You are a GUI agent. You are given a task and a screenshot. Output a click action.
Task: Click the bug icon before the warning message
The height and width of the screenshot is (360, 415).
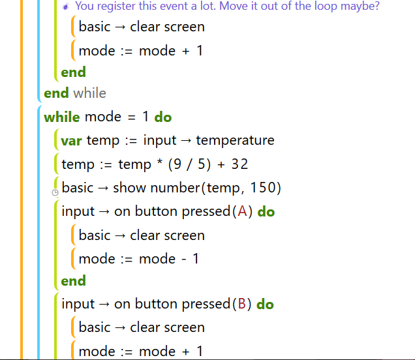pos(66,7)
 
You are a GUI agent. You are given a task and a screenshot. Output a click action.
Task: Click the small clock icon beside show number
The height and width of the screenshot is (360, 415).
pos(55,192)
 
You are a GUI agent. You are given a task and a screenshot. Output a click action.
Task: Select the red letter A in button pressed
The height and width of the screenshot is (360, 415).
pos(242,211)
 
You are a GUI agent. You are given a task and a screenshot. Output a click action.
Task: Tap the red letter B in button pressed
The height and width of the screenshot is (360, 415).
pos(242,303)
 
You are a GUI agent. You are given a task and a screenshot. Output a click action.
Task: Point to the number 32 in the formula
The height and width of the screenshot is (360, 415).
pos(239,164)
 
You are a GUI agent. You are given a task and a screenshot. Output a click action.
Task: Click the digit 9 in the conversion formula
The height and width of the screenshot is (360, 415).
pos(177,164)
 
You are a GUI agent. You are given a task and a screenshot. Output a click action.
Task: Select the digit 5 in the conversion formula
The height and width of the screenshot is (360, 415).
pos(202,164)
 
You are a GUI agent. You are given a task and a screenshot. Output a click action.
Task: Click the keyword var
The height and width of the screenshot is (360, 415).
pos(71,141)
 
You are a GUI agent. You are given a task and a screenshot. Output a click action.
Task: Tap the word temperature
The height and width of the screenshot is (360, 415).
pos(235,140)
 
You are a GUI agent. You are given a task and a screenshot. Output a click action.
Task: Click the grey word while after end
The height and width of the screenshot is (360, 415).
pos(90,93)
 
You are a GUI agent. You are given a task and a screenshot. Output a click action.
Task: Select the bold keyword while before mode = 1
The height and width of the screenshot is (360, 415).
pos(62,117)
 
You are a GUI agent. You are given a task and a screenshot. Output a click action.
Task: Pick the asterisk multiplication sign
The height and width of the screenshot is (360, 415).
pos(160,162)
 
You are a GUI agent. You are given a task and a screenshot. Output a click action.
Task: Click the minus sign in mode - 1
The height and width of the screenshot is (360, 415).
pos(183,259)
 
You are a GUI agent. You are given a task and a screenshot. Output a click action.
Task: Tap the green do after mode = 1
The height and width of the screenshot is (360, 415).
pos(163,117)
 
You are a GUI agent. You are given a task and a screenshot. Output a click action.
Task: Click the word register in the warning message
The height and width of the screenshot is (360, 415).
pos(117,7)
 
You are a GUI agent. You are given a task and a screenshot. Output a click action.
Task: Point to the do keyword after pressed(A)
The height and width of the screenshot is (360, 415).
pos(266,211)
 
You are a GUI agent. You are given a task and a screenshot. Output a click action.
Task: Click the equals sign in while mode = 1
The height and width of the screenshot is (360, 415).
pos(132,117)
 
